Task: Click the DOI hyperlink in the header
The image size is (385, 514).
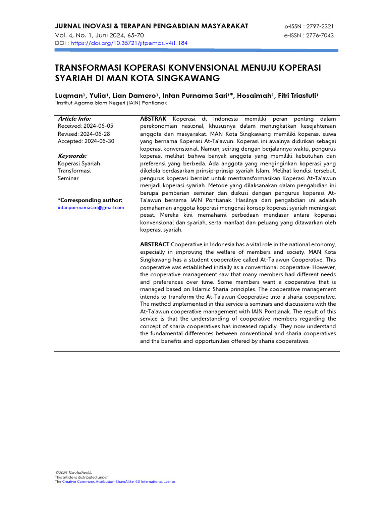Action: point(129,43)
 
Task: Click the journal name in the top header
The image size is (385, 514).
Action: point(151,26)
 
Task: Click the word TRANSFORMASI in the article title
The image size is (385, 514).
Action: point(89,67)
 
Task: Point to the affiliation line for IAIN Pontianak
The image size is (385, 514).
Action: point(111,102)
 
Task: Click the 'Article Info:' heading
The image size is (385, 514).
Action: point(74,118)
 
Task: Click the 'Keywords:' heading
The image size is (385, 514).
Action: point(72,156)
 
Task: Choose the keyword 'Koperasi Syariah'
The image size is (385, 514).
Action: point(79,163)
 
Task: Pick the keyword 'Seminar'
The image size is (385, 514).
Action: point(68,178)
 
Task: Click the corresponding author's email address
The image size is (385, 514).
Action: point(91,207)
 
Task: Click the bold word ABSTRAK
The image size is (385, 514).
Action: point(153,118)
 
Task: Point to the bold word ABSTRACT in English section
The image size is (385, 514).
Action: point(155,244)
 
